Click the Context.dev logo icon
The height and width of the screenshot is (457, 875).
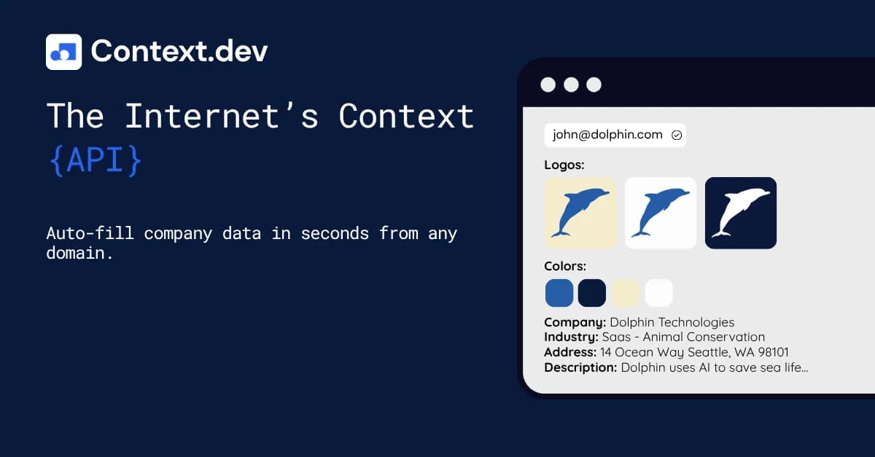63,52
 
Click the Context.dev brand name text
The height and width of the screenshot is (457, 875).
179,51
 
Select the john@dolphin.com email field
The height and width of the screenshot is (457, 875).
615,135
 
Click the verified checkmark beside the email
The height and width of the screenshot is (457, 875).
676,135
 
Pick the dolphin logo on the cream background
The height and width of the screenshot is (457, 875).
580,213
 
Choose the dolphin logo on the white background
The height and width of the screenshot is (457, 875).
661,213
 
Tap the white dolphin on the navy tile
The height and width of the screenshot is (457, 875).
741,213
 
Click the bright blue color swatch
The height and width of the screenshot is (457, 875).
559,293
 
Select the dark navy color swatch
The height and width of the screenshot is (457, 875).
592,293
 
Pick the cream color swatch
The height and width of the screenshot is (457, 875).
626,293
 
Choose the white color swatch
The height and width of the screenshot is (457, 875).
659,293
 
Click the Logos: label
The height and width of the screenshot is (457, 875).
564,165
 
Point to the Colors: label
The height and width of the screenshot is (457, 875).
565,267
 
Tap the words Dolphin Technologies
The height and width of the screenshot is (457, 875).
672,322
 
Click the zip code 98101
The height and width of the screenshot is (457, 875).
771,352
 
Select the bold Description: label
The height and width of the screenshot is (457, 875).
580,367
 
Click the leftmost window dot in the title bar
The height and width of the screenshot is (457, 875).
548,85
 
